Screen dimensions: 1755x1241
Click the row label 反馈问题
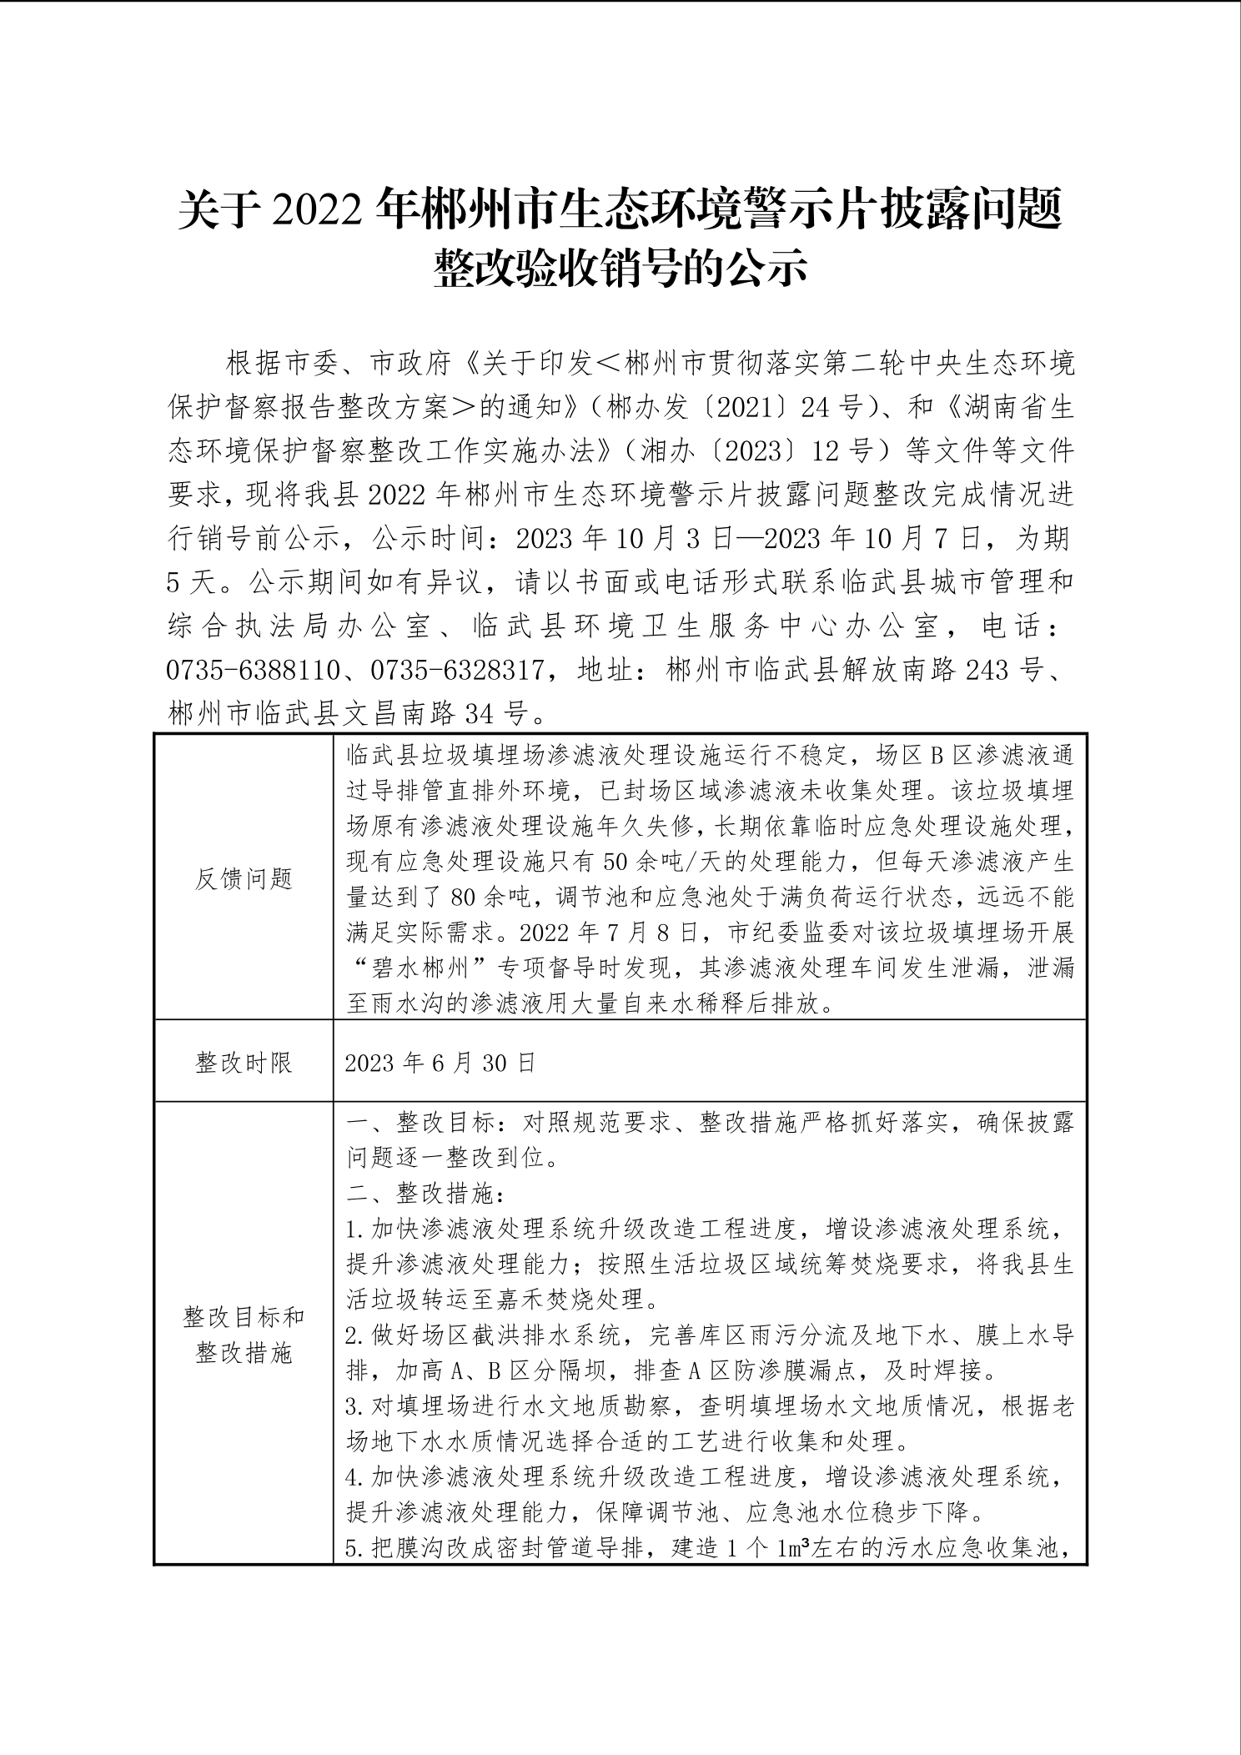point(244,877)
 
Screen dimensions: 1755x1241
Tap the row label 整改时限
point(244,1062)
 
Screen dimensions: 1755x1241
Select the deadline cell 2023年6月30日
point(440,1062)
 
